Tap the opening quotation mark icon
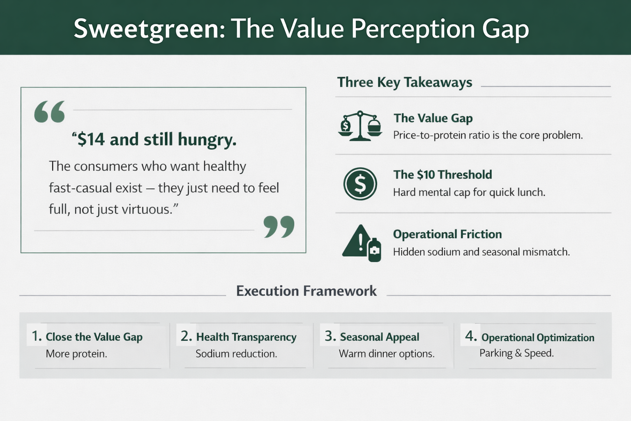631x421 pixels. point(50,112)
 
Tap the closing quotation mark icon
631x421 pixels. point(279,227)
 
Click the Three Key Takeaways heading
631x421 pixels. point(405,82)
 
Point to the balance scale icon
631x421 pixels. point(360,126)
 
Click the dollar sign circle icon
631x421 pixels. point(360,184)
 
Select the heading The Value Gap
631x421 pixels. point(433,118)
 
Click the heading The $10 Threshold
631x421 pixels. point(442,175)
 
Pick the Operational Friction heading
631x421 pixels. point(447,234)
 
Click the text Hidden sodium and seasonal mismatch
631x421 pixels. point(481,252)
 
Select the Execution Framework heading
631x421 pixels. point(306,291)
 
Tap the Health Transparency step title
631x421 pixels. point(246,337)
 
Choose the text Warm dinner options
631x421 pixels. point(386,354)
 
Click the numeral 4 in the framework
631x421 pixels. point(470,336)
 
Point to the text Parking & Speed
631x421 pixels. point(516,353)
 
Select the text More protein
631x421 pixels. point(76,354)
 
